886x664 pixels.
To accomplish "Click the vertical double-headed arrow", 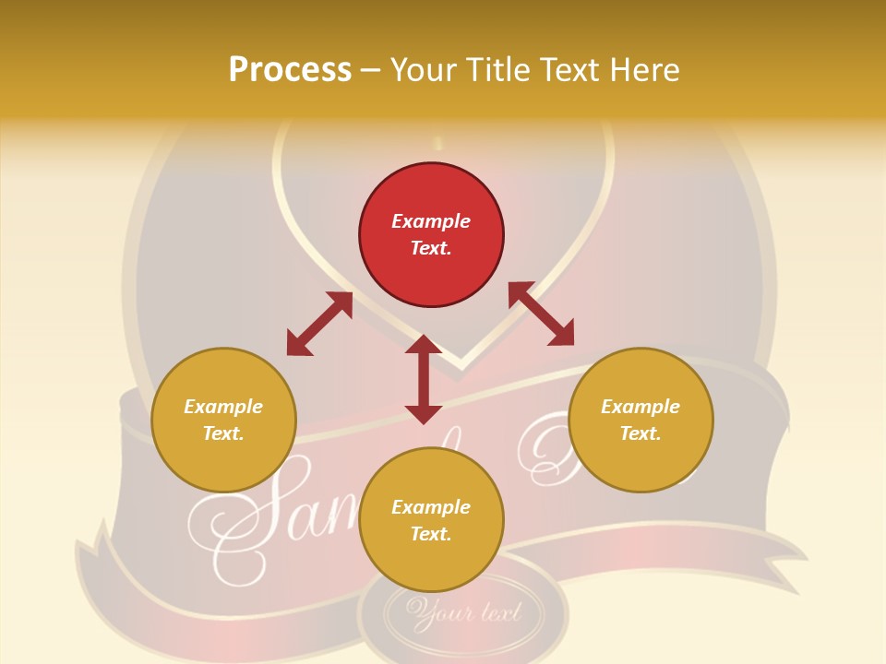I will pos(424,379).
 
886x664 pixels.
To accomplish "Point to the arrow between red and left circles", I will pos(319,324).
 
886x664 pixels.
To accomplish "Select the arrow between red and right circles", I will pos(541,314).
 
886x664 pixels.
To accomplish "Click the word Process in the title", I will pos(290,69).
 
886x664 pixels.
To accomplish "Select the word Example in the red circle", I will pos(431,221).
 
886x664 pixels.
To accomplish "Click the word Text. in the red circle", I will pos(431,248).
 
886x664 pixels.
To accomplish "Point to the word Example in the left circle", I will pos(223,407).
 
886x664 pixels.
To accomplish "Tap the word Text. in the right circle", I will pos(641,433).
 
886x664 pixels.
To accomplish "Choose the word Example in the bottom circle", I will pos(431,507).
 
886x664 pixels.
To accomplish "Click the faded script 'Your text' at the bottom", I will pos(464,611).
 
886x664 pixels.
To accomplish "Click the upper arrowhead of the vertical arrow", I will pos(424,345).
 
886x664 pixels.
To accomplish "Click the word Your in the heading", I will pos(422,69).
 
